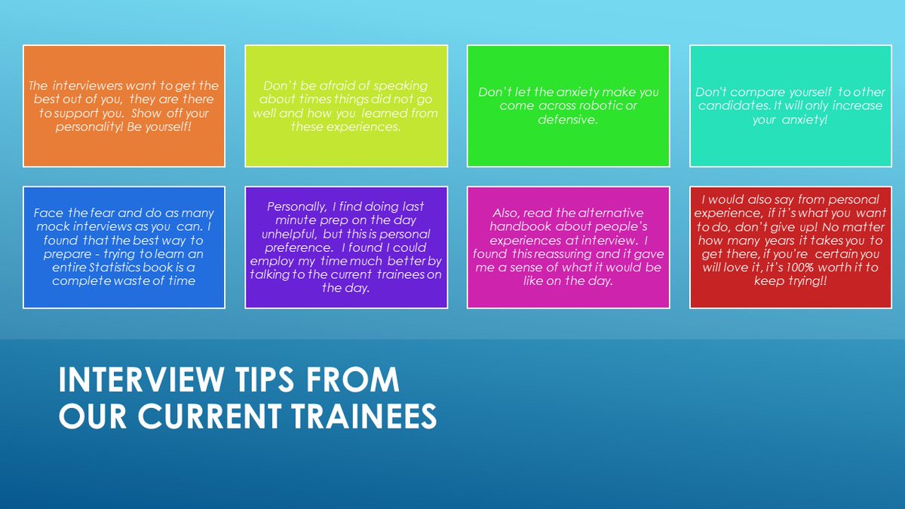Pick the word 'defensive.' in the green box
pyautogui.click(x=568, y=119)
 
